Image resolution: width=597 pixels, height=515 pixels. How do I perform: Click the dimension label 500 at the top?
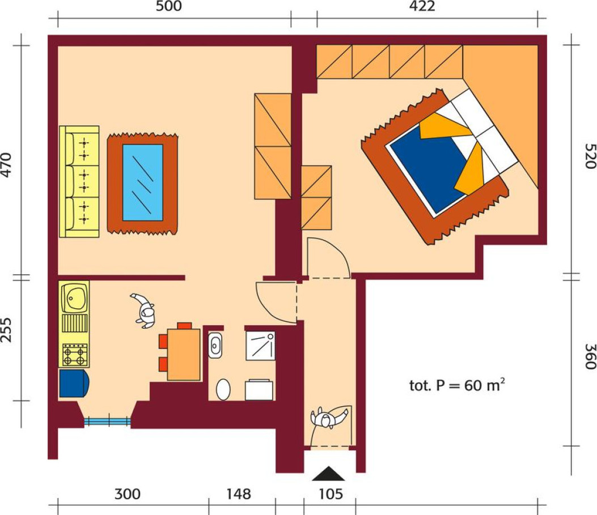click(x=168, y=6)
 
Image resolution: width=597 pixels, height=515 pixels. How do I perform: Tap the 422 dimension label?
click(x=422, y=6)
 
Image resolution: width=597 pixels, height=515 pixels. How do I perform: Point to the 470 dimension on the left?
click(x=6, y=165)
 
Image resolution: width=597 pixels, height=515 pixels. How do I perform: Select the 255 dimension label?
click(x=6, y=330)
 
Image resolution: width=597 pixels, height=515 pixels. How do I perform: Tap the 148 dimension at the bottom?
click(x=239, y=494)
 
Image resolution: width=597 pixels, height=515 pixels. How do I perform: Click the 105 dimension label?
click(x=331, y=494)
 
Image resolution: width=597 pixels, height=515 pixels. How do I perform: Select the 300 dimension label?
click(x=128, y=494)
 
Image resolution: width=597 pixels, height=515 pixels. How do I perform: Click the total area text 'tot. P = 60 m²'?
click(x=457, y=385)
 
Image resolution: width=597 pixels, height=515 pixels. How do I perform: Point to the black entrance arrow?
click(x=329, y=474)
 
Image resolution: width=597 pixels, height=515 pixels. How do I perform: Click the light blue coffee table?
click(x=143, y=182)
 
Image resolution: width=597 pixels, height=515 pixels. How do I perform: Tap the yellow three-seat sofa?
click(x=79, y=181)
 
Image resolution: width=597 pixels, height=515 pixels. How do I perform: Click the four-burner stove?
click(x=75, y=355)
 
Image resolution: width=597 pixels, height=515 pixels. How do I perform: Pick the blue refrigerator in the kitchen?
click(x=74, y=383)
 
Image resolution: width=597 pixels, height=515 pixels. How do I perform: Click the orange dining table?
click(x=184, y=355)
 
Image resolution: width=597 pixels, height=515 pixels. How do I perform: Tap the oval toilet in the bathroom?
click(x=223, y=389)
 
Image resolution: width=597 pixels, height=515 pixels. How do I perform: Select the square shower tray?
click(x=260, y=346)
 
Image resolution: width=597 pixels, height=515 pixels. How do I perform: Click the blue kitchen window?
click(x=107, y=421)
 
